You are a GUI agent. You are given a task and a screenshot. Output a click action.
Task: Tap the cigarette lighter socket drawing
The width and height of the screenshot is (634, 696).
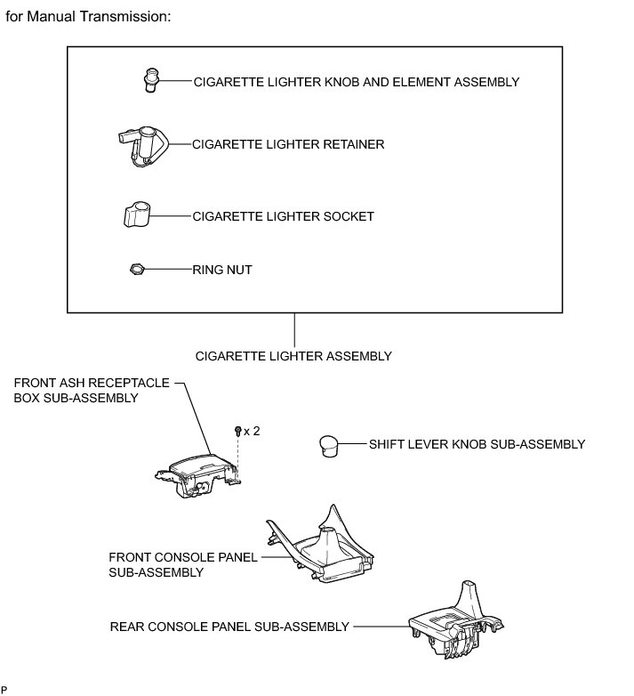(136, 215)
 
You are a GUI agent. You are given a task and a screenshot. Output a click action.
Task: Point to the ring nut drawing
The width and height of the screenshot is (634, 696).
(137, 269)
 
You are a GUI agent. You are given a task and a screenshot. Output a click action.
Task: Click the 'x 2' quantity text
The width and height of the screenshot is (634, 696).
(253, 431)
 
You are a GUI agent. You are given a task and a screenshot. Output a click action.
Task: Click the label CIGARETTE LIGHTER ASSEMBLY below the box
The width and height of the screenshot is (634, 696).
(293, 356)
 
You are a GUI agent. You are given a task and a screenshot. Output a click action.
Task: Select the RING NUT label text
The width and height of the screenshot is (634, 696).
(222, 269)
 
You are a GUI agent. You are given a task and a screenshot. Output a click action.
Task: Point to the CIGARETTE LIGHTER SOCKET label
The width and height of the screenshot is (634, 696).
(283, 216)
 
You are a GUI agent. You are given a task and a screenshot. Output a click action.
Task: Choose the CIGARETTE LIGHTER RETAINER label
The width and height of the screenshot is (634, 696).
(288, 144)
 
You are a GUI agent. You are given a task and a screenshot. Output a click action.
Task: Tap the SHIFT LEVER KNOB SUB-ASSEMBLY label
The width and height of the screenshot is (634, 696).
(477, 444)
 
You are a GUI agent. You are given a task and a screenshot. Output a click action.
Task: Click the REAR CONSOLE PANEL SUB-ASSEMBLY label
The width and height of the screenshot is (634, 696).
(229, 627)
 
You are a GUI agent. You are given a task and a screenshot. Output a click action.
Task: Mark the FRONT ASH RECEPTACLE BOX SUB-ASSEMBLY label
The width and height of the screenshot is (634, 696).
(91, 391)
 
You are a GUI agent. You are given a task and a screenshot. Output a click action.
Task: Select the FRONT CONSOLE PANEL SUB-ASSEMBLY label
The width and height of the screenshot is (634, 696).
(182, 564)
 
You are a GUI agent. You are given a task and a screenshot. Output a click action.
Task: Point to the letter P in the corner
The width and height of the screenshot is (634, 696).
(4, 689)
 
